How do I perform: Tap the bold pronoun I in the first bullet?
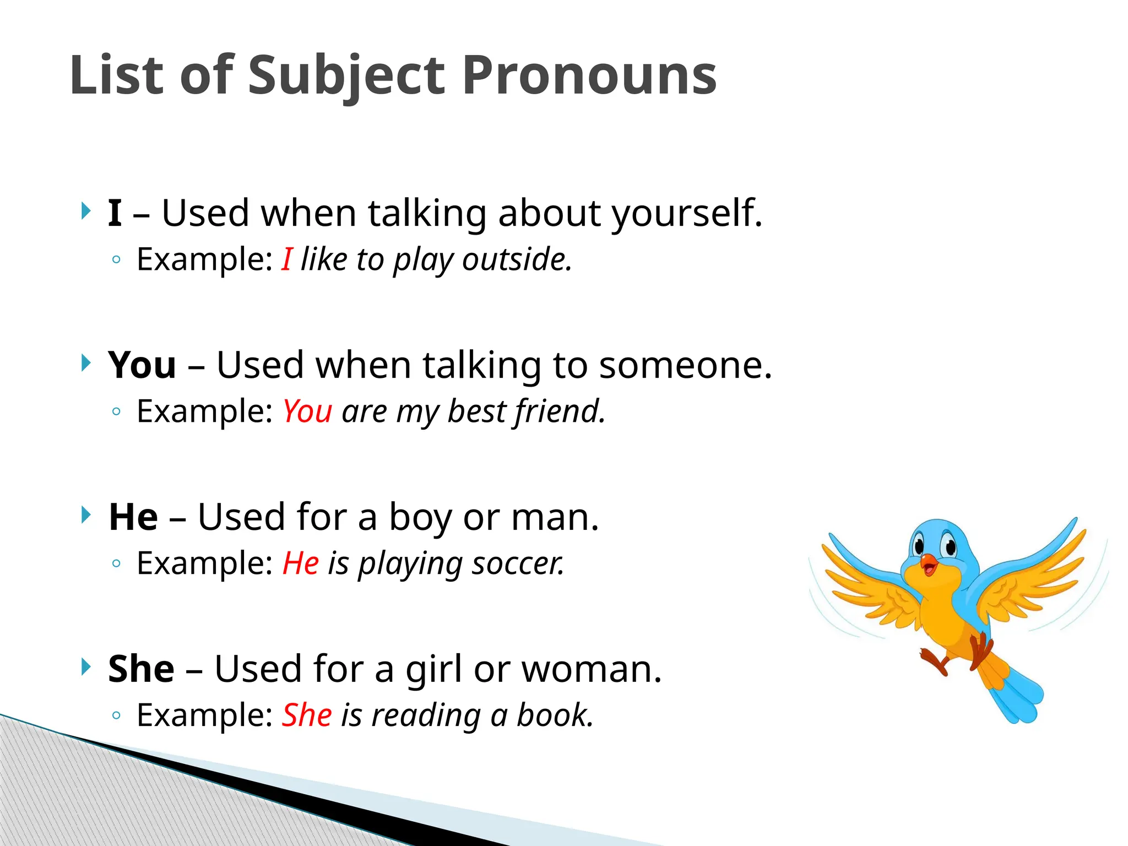click(115, 213)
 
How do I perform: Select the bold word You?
click(142, 365)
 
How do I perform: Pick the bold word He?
click(133, 517)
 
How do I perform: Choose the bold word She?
click(141, 669)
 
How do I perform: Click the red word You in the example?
click(307, 411)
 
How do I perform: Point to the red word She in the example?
click(307, 715)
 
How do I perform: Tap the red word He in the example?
click(301, 563)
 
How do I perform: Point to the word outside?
click(517, 259)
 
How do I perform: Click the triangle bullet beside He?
click(85, 515)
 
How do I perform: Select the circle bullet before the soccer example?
click(116, 563)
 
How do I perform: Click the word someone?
click(685, 365)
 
